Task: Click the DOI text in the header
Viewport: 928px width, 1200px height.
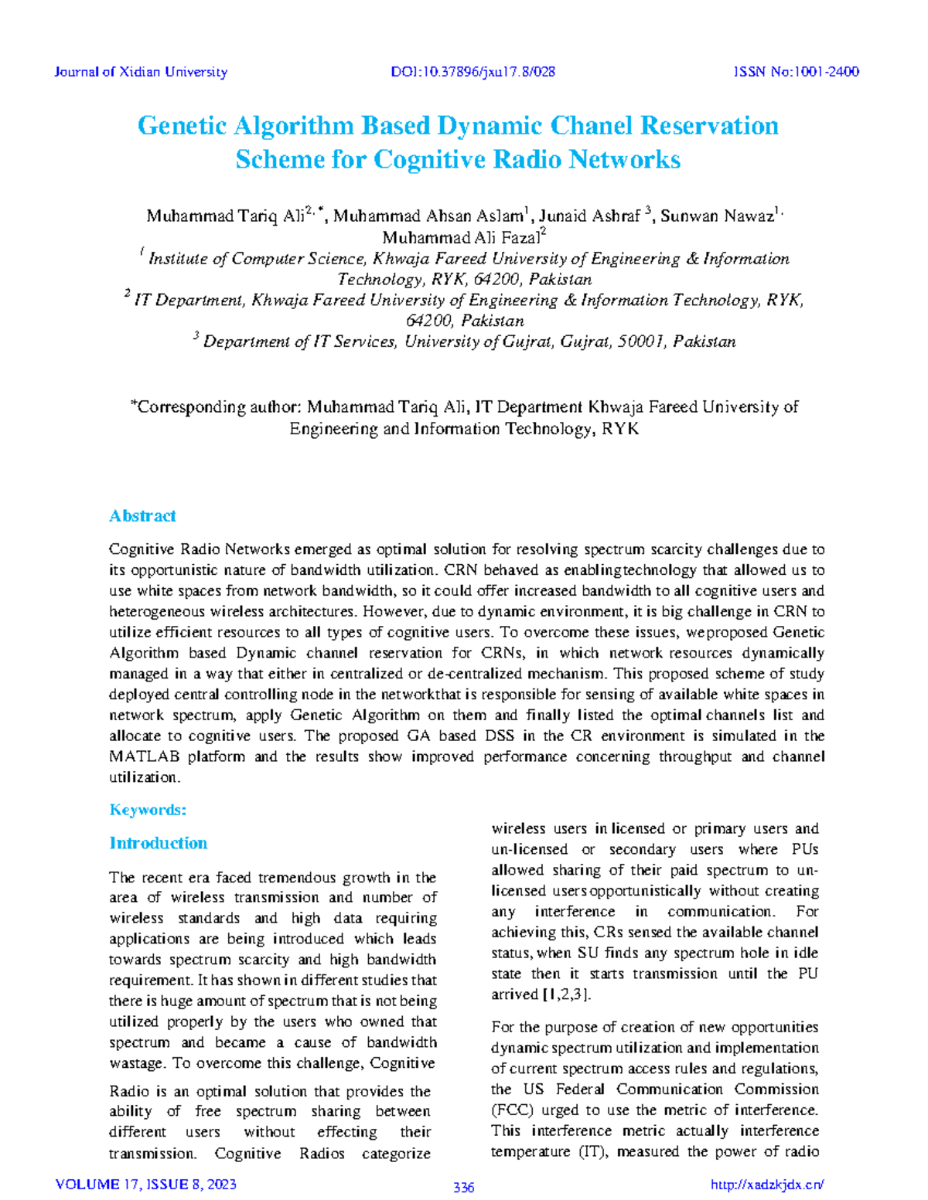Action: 473,72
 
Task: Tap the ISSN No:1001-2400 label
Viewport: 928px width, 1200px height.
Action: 796,72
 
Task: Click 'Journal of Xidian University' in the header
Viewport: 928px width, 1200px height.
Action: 141,72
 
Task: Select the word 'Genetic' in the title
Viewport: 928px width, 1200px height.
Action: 182,125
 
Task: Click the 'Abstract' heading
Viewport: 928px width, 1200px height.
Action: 142,515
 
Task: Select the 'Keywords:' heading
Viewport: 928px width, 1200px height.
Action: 148,810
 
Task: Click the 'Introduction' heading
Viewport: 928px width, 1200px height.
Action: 158,843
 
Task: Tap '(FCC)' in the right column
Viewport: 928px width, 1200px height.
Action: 511,1110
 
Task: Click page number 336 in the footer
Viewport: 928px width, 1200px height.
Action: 463,1188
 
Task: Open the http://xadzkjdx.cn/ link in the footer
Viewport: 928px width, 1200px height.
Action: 766,1185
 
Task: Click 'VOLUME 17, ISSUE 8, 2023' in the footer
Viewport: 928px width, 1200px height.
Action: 146,1185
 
